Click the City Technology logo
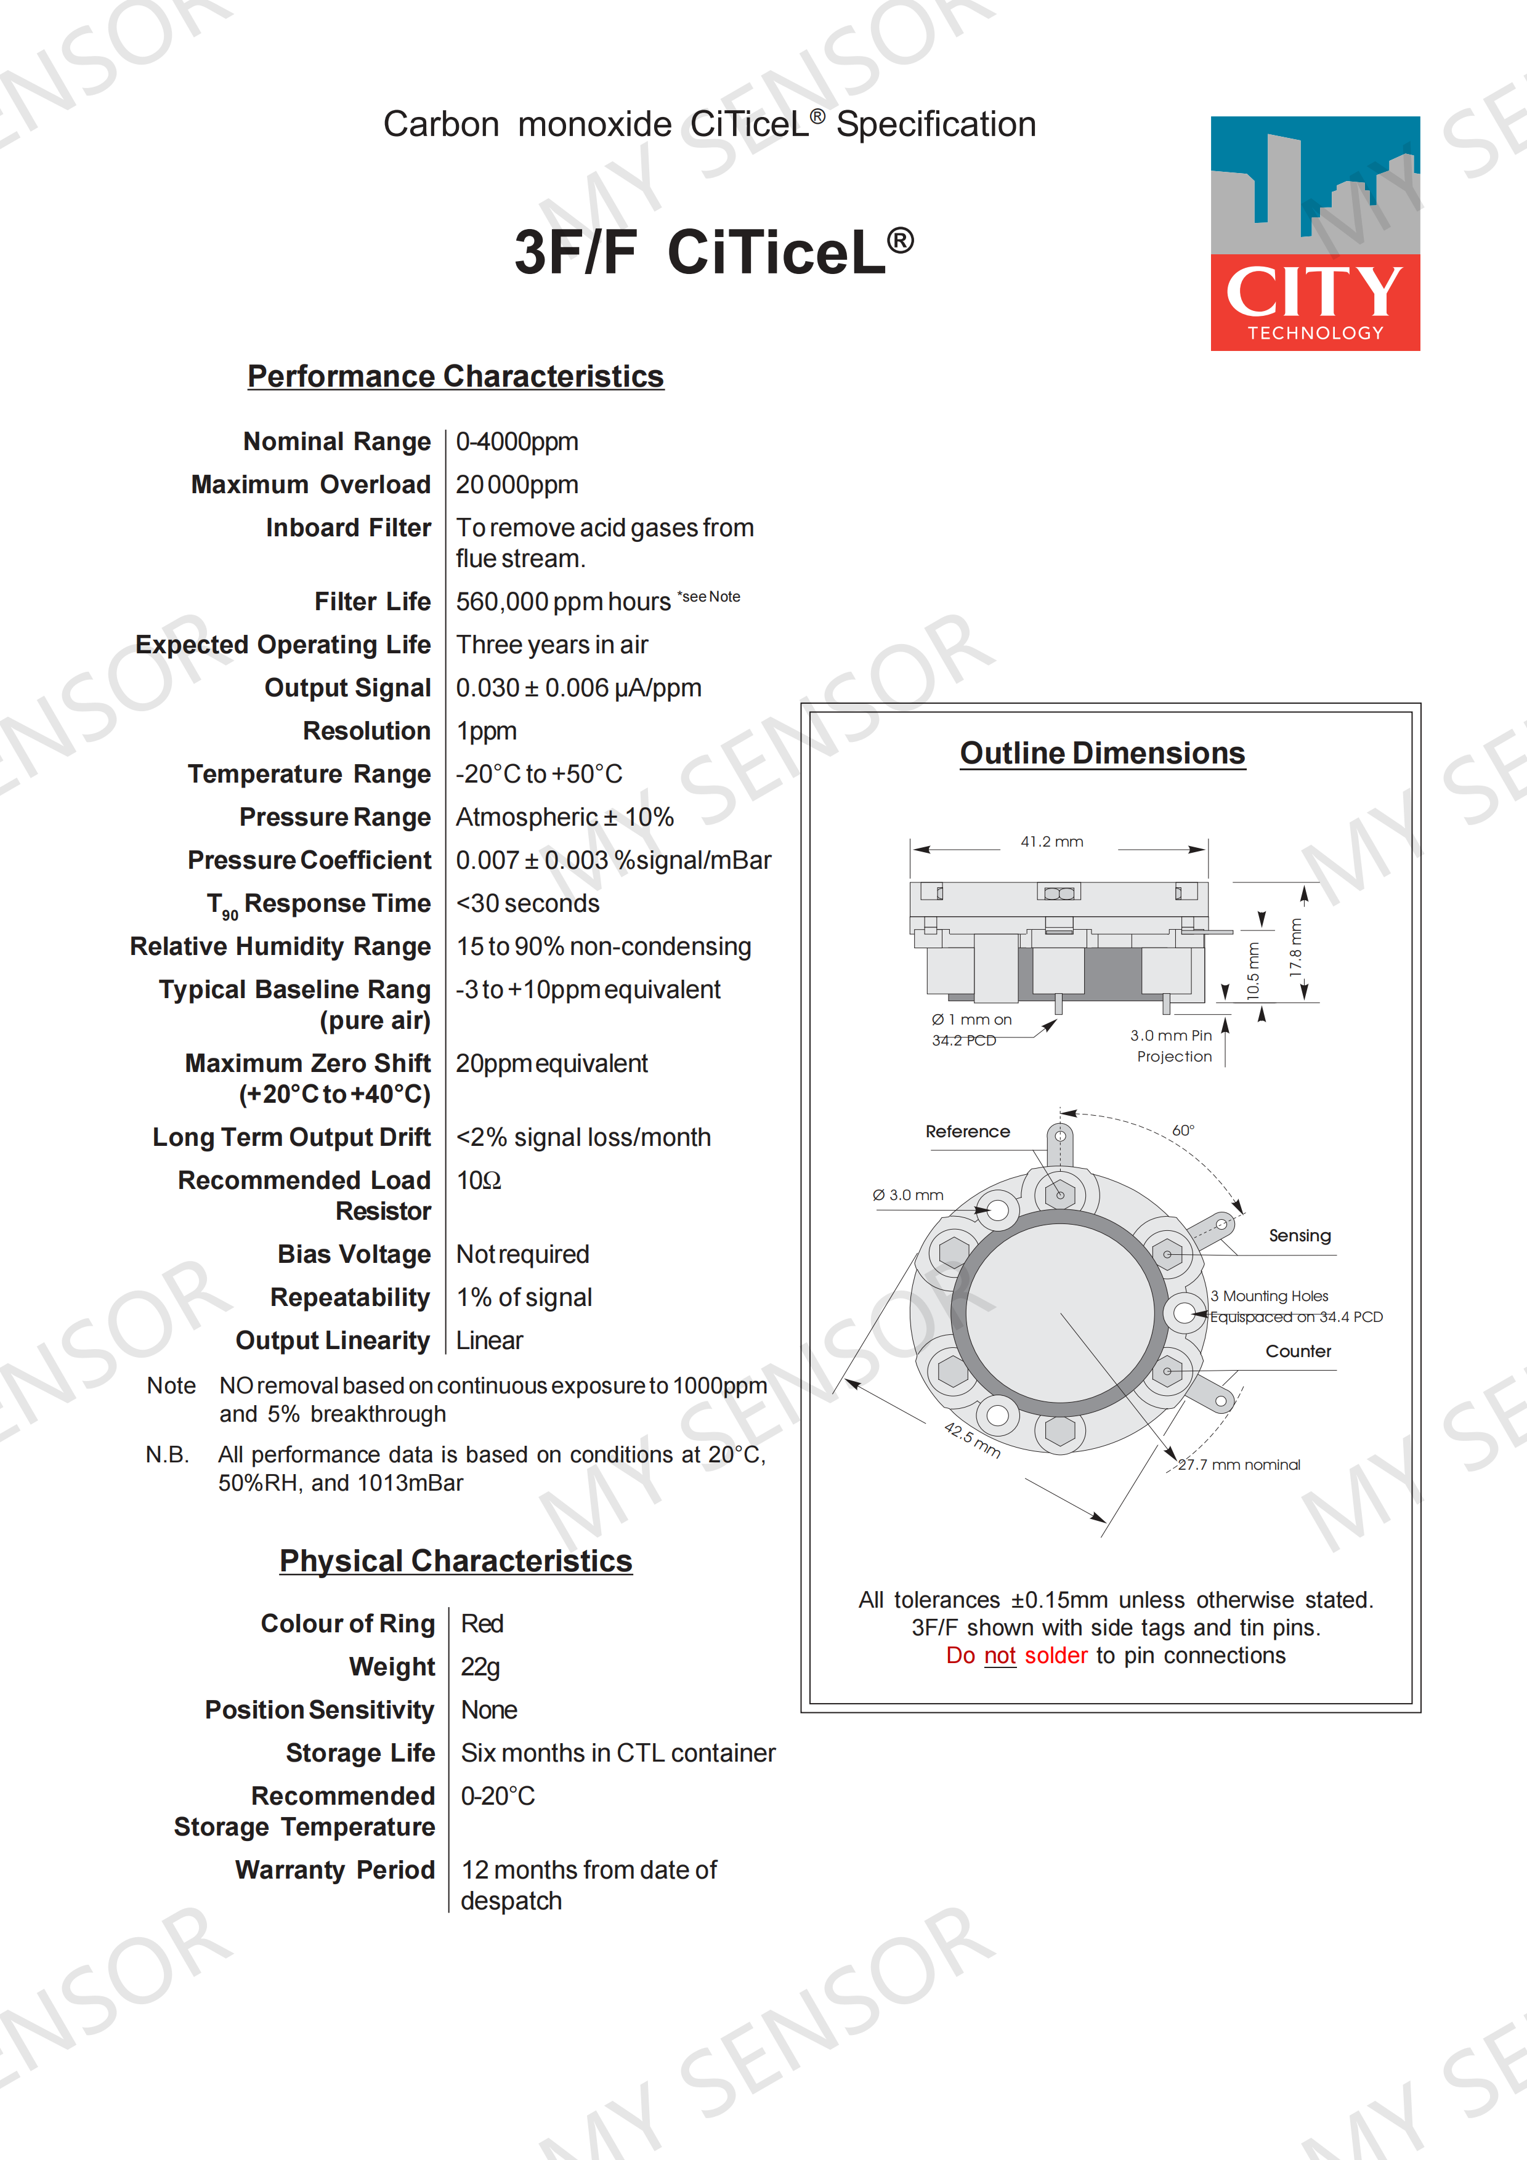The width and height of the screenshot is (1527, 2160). point(1314,233)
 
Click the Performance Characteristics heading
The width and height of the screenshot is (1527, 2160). point(455,376)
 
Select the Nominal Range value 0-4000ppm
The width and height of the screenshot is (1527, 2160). point(517,442)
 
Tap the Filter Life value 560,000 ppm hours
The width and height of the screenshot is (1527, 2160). point(562,602)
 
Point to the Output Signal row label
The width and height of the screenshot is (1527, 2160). point(347,688)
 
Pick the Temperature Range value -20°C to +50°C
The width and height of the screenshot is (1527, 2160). point(539,774)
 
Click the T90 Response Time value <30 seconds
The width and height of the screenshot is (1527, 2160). point(528,903)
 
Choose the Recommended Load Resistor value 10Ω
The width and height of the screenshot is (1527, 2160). point(478,1180)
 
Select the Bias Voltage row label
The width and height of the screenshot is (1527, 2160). point(354,1254)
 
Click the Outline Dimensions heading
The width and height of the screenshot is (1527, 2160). point(1102,754)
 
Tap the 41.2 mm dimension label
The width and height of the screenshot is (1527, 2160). point(1052,842)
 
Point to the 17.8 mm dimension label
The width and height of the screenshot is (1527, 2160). point(1295,948)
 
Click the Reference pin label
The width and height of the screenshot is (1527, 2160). point(967,1132)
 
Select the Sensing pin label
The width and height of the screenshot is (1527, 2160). point(1299,1235)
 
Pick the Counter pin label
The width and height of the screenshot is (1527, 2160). point(1297,1351)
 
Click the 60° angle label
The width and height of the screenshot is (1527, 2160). point(1183,1130)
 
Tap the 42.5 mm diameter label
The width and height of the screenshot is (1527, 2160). point(972,1440)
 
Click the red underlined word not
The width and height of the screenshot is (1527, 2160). point(999,1656)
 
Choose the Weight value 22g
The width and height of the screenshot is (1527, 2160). point(480,1667)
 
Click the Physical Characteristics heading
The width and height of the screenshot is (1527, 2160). point(455,1562)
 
